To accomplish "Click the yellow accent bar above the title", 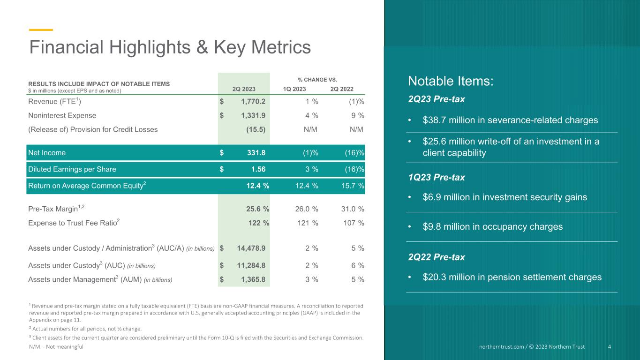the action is coord(41,30).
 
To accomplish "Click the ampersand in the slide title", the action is coord(202,47).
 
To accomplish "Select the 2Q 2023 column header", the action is coord(244,89).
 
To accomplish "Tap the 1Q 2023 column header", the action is coord(294,89).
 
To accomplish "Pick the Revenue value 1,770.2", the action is coord(253,101).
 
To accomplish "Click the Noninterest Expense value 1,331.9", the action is coord(253,115).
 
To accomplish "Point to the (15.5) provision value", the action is coord(256,129).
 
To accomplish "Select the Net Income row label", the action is coord(47,152).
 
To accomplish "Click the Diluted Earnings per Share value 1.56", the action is coord(258,169).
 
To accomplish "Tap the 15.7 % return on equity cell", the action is coord(353,186).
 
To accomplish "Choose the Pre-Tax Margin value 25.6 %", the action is coord(258,209).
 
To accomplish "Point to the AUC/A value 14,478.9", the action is coord(251,248).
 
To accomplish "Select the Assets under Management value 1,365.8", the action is coord(253,279).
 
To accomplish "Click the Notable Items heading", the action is coord(451,81).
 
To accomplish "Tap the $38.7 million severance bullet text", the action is coord(510,120).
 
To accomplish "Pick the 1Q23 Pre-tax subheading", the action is coord(437,178).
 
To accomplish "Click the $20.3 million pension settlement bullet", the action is coord(512,277).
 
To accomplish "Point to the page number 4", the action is coord(610,347).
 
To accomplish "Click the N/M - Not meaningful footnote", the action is coord(56,347).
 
